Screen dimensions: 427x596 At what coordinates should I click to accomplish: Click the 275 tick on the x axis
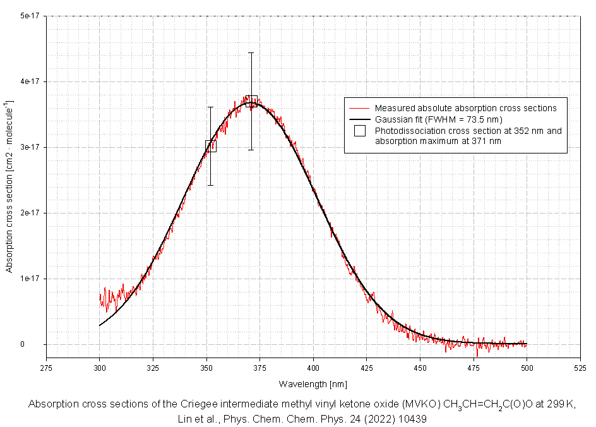[46, 366]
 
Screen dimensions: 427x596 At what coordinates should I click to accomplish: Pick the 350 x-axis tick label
[206, 366]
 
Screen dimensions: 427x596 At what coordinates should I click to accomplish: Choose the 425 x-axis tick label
[367, 366]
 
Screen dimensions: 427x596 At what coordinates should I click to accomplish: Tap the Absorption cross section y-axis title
[9, 186]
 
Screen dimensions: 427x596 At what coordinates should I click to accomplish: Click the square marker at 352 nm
[211, 146]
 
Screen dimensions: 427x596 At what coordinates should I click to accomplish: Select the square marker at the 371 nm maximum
[251, 101]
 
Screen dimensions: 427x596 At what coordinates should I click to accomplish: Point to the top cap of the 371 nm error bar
[251, 52]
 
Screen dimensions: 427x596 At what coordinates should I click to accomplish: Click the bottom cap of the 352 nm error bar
[211, 185]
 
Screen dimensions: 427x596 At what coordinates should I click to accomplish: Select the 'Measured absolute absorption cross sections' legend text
[465, 108]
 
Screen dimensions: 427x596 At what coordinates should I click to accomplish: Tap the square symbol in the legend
[360, 131]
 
